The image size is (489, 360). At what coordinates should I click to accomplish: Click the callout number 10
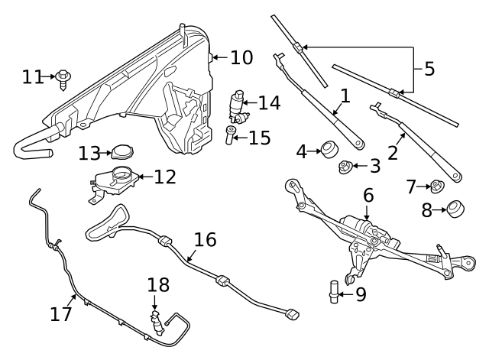241,57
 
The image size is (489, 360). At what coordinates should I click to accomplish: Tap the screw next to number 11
63,78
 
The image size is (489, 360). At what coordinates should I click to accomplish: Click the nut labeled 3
345,165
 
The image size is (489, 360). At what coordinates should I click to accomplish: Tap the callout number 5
429,68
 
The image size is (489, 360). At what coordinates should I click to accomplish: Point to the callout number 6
368,195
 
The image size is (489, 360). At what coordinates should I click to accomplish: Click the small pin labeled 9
334,292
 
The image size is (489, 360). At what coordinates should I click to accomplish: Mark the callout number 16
205,240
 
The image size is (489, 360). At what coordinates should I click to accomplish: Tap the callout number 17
62,313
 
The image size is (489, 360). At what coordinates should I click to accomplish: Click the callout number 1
345,96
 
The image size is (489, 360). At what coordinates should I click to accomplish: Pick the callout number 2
393,152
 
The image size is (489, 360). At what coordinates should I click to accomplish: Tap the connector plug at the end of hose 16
291,313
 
